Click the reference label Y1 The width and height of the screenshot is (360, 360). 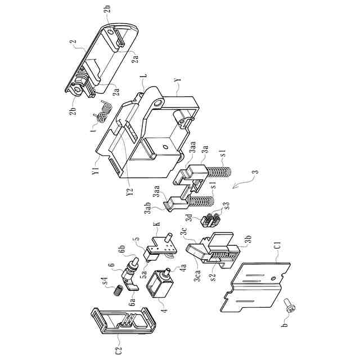click(96, 169)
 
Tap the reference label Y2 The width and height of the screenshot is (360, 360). click(130, 191)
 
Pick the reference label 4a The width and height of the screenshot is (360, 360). click(183, 269)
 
